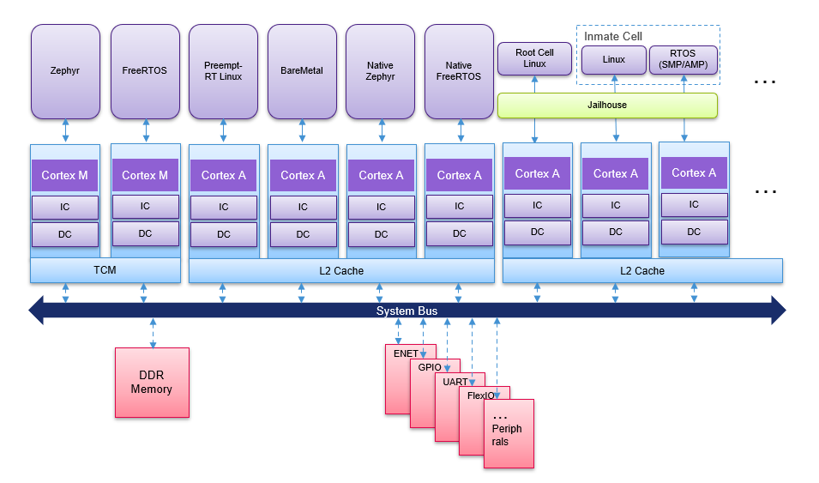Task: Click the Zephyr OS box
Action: click(65, 71)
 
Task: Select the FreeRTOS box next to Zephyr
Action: click(145, 71)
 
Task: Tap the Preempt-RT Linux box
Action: click(223, 71)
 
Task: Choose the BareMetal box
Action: click(302, 71)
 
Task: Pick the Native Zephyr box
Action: click(380, 71)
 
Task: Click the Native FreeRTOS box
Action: click(459, 71)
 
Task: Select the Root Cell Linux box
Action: click(534, 58)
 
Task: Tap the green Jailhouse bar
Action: click(607, 105)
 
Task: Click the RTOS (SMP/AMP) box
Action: click(684, 60)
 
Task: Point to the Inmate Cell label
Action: click(613, 36)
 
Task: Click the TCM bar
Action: click(105, 271)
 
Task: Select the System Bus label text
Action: click(407, 311)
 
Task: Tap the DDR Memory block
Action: click(152, 383)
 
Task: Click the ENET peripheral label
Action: click(406, 353)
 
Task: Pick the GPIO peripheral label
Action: click(430, 367)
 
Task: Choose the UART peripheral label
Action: click(455, 382)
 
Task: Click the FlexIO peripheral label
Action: click(480, 395)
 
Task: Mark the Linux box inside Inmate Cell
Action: click(614, 60)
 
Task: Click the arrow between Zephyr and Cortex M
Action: click(65, 131)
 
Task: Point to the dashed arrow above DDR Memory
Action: click(153, 333)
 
